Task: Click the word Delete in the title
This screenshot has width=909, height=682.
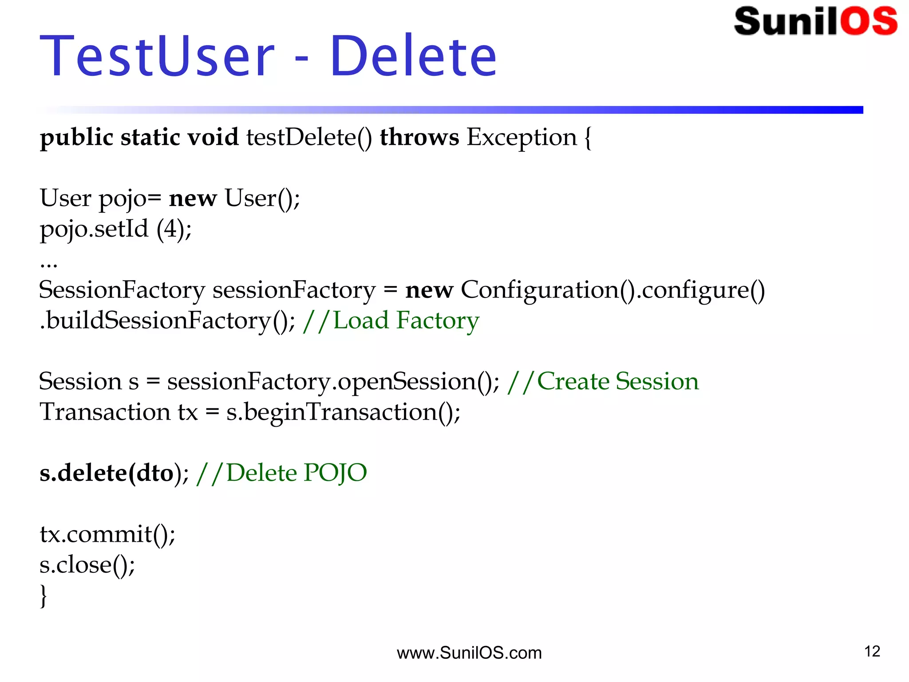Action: tap(413, 57)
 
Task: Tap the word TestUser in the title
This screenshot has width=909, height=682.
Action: tap(158, 57)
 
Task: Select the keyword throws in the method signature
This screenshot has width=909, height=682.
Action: tap(419, 137)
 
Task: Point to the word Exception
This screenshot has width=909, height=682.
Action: tap(521, 138)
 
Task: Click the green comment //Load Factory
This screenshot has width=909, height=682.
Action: tap(391, 321)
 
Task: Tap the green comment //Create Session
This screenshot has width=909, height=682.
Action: tap(603, 381)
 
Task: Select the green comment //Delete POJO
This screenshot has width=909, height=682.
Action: tap(281, 473)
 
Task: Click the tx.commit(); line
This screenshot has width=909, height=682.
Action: tap(107, 534)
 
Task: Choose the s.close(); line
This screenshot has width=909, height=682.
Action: tap(87, 565)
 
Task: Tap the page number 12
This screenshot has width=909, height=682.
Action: tap(872, 651)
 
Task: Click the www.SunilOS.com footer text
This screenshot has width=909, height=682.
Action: tap(469, 653)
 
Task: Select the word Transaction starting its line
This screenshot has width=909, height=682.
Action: tap(105, 412)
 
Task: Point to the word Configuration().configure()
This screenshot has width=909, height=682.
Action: tap(613, 290)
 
